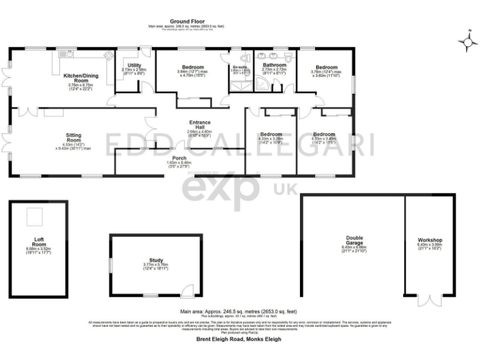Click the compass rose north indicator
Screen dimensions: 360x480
tap(466, 41)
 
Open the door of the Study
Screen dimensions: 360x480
tap(185, 290)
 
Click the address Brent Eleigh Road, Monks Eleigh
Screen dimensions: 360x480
tap(239, 339)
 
